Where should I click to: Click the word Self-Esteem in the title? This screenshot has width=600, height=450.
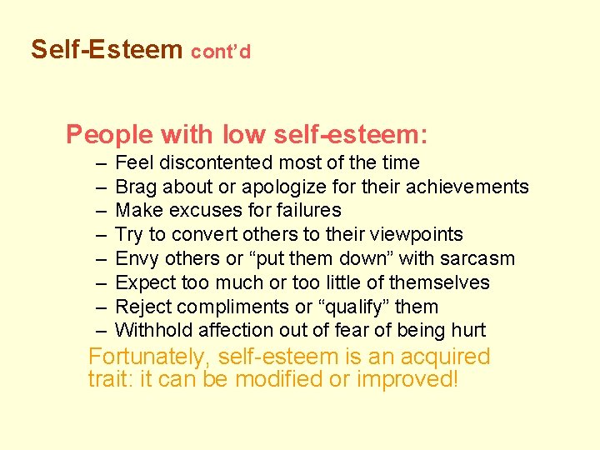pos(107,50)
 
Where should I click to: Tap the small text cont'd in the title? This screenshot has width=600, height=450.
pos(221,52)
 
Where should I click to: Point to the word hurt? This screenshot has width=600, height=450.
pos(469,331)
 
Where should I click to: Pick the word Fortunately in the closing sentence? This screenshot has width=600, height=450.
pos(149,357)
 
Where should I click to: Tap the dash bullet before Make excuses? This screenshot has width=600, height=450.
pos(101,211)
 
